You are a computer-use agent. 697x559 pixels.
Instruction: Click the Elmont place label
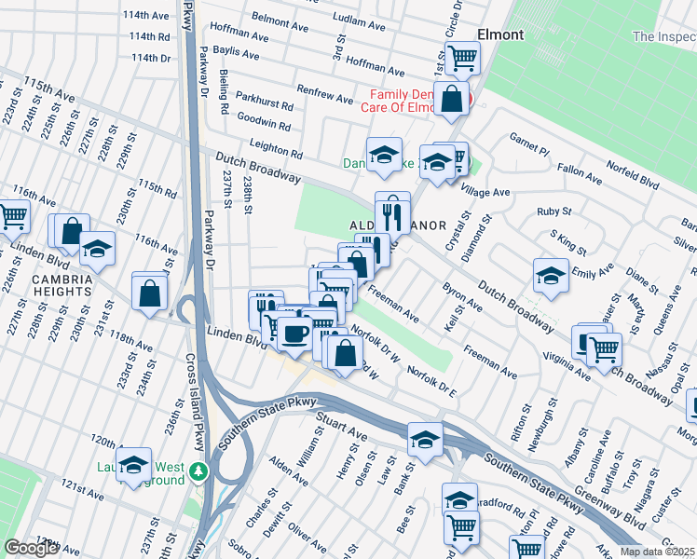tap(499, 34)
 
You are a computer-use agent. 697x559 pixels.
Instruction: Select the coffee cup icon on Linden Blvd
tap(295, 334)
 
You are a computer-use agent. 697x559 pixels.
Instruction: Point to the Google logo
tap(31, 547)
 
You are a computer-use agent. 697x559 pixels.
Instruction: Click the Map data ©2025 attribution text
tap(657, 552)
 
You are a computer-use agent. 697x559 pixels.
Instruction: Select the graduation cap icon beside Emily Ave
tap(551, 276)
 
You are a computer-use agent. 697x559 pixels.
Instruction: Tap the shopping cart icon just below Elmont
tap(461, 58)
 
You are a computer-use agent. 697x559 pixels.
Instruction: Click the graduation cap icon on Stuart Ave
tap(424, 438)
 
